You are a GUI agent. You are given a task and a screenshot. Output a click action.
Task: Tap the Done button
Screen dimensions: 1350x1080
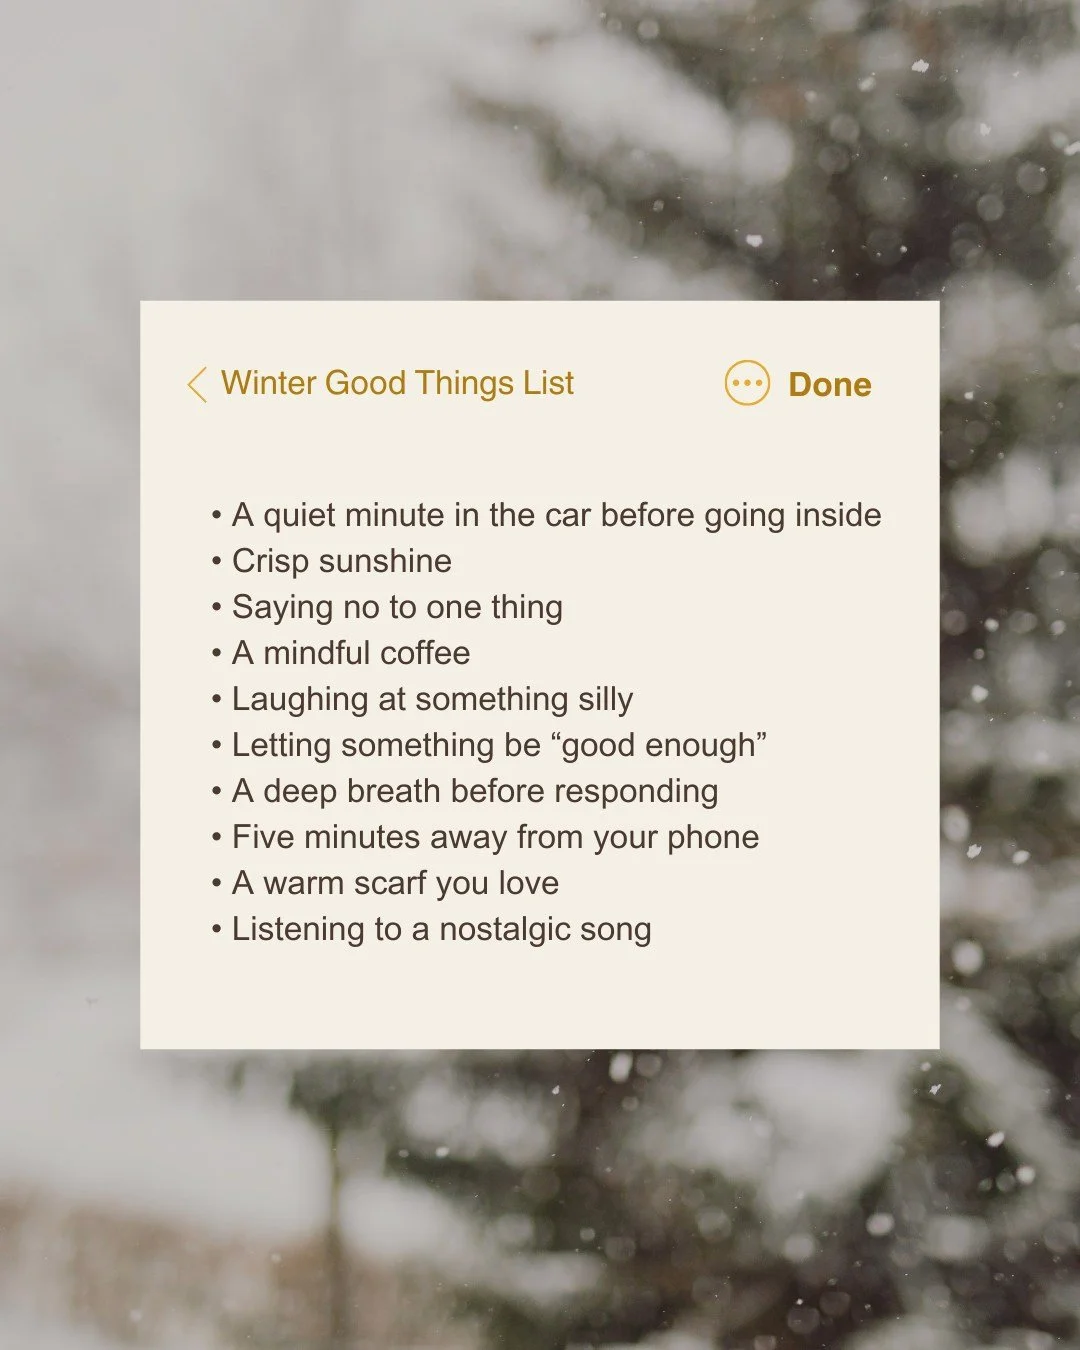(x=829, y=385)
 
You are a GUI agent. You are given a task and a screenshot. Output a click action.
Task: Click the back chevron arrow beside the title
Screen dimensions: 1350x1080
(x=197, y=384)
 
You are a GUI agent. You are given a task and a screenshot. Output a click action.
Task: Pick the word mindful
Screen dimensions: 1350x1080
(x=317, y=653)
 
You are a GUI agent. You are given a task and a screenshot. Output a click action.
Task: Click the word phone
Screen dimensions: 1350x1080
(x=713, y=838)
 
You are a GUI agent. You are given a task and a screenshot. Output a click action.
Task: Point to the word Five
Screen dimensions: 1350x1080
(x=263, y=837)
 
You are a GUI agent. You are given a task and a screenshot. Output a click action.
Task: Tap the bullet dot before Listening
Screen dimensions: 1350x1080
(x=216, y=930)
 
